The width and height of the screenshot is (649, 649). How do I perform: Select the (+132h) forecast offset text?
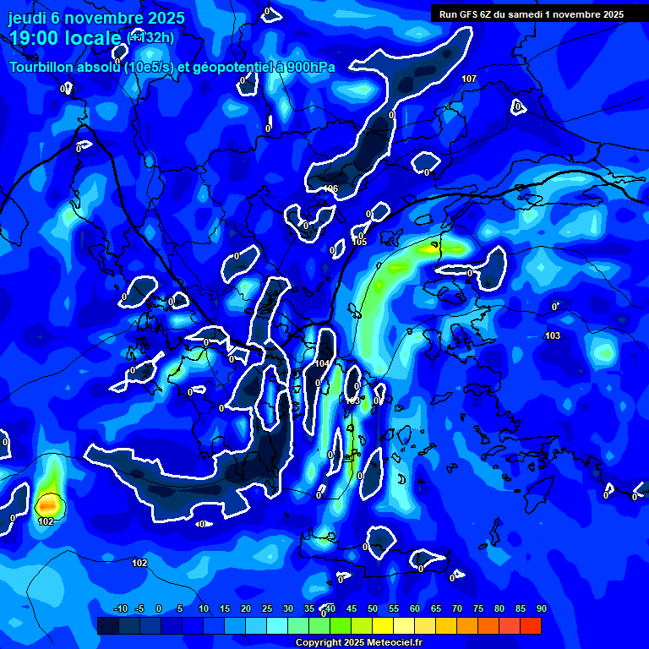(150, 37)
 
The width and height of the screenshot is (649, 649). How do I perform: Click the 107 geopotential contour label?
(469, 79)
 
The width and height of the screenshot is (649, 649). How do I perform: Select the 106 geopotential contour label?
(331, 188)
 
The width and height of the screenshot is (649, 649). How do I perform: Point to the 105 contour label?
(360, 243)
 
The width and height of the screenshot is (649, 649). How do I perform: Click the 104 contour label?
(322, 363)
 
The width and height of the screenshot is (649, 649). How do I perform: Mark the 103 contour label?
(553, 336)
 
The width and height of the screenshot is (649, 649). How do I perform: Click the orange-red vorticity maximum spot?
(47, 504)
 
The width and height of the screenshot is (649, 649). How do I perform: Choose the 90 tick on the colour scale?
(541, 608)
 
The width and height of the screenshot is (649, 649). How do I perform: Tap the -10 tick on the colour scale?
(120, 608)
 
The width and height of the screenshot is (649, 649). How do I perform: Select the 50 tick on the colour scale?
(372, 608)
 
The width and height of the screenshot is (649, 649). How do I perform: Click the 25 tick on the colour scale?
(266, 608)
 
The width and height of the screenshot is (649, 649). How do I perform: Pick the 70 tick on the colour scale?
(456, 608)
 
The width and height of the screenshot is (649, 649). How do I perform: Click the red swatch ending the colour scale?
(531, 625)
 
